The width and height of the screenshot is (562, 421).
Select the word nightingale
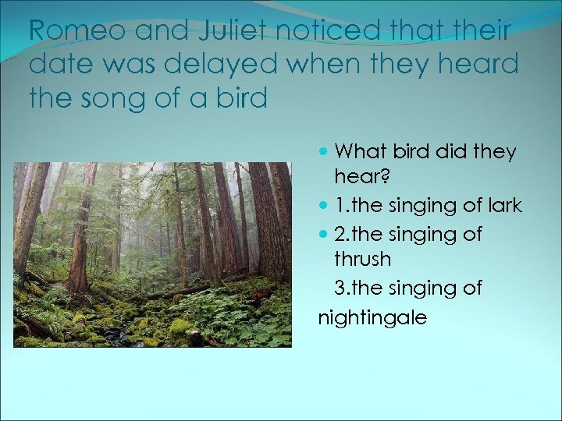point(372,317)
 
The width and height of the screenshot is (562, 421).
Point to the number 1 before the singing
point(338,207)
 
